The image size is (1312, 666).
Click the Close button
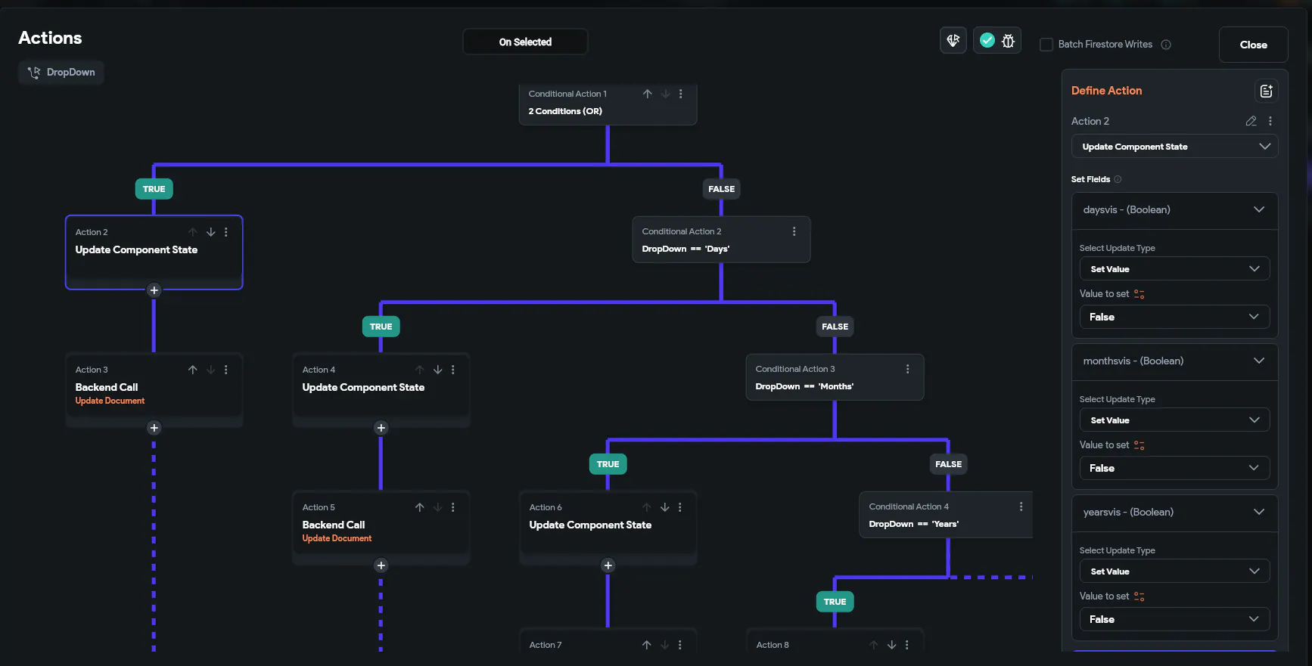(x=1253, y=45)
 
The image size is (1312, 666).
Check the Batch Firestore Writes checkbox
(x=1046, y=45)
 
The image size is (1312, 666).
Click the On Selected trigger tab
(x=525, y=42)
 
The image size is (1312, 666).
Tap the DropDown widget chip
(x=61, y=73)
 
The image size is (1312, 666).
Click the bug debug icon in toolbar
(x=1008, y=41)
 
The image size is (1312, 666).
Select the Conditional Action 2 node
(x=721, y=240)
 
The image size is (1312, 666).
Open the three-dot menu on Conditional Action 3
(x=907, y=369)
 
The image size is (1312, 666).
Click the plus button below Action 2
(x=154, y=290)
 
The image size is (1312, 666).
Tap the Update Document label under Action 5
(x=337, y=538)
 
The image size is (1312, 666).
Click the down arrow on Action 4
(x=437, y=370)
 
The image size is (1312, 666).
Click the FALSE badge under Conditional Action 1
(x=721, y=189)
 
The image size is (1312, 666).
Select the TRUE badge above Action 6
(x=608, y=464)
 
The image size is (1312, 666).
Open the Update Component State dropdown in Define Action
(x=1174, y=147)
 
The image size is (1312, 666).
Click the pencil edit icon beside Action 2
(x=1251, y=121)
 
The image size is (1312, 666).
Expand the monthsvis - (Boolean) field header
(x=1174, y=361)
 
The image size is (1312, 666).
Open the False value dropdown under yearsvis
(x=1174, y=619)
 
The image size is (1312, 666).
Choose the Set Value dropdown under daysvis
(x=1174, y=269)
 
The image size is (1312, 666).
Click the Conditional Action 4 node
(x=946, y=515)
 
